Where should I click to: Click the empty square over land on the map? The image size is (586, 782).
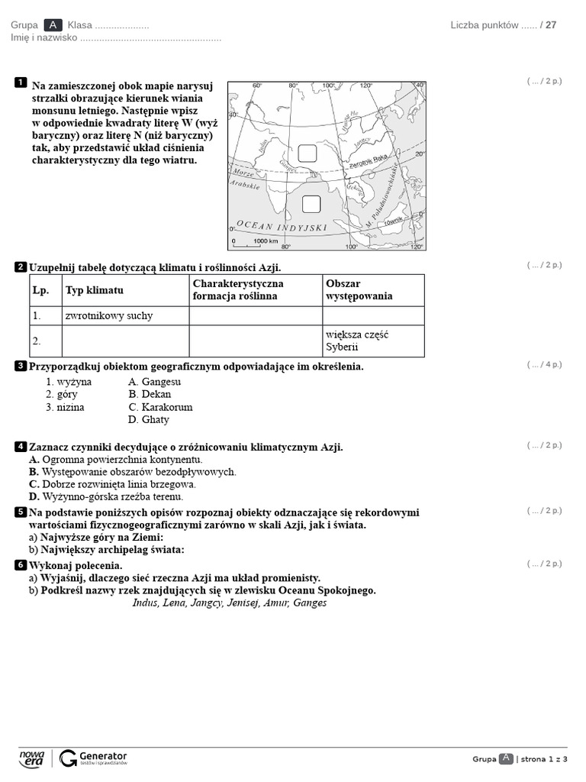pos(307,153)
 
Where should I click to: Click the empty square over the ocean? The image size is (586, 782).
pos(311,204)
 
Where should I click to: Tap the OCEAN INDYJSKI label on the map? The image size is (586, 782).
pos(282,227)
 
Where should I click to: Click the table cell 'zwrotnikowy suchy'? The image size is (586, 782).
pos(125,315)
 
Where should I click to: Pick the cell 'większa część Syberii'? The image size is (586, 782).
pos(373,341)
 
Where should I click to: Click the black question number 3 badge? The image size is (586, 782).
pos(21,367)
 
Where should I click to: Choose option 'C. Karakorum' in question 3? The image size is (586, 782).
pos(160,407)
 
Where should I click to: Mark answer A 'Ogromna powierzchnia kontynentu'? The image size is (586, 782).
pos(115,460)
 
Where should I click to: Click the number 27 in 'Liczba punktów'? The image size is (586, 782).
pos(551,24)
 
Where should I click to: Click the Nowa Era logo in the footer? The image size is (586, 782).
pos(32,758)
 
